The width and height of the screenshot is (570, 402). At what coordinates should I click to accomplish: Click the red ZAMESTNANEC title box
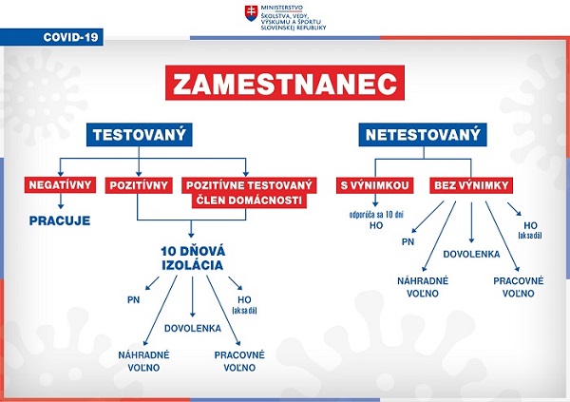285,83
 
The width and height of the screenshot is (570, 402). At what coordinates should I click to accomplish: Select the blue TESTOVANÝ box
140,135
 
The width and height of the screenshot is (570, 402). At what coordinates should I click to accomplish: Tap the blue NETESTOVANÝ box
423,135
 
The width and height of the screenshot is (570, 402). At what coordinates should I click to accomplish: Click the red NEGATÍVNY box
61,184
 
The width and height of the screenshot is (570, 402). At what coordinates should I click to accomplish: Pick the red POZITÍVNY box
139,185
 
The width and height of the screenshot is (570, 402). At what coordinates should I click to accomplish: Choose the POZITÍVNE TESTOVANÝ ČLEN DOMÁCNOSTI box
249,193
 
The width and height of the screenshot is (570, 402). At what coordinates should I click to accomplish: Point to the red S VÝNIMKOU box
375,185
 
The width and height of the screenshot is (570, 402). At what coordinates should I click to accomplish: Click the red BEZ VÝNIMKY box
471,185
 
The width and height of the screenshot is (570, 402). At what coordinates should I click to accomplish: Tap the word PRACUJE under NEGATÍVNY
60,220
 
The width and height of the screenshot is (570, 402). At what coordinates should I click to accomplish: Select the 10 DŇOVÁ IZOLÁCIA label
193,258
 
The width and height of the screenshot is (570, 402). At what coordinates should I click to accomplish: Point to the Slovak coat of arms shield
251,13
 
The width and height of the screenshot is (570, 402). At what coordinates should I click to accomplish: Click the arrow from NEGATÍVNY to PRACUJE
61,201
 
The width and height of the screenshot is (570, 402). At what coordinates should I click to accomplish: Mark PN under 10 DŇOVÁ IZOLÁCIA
133,299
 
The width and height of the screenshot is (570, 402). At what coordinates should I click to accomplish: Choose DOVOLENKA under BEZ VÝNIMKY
471,254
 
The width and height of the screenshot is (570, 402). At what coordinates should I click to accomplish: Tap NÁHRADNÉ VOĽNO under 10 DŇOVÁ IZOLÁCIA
144,361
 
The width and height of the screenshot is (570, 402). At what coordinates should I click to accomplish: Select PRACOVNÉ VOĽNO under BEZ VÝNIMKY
519,287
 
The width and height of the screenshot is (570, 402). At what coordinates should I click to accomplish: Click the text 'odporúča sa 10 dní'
376,215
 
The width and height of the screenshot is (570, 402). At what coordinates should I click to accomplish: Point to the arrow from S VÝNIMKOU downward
375,201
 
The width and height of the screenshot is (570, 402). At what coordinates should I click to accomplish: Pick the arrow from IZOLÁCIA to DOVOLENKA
193,297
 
